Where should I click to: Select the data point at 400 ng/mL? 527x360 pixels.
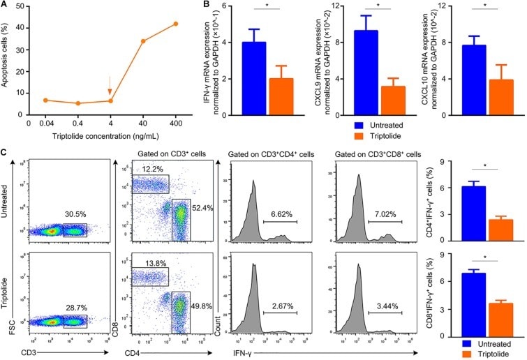tap(175, 24)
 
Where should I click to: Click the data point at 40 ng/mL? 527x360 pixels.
tap(144, 41)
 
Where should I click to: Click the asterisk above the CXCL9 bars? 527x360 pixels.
tap(377, 10)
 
